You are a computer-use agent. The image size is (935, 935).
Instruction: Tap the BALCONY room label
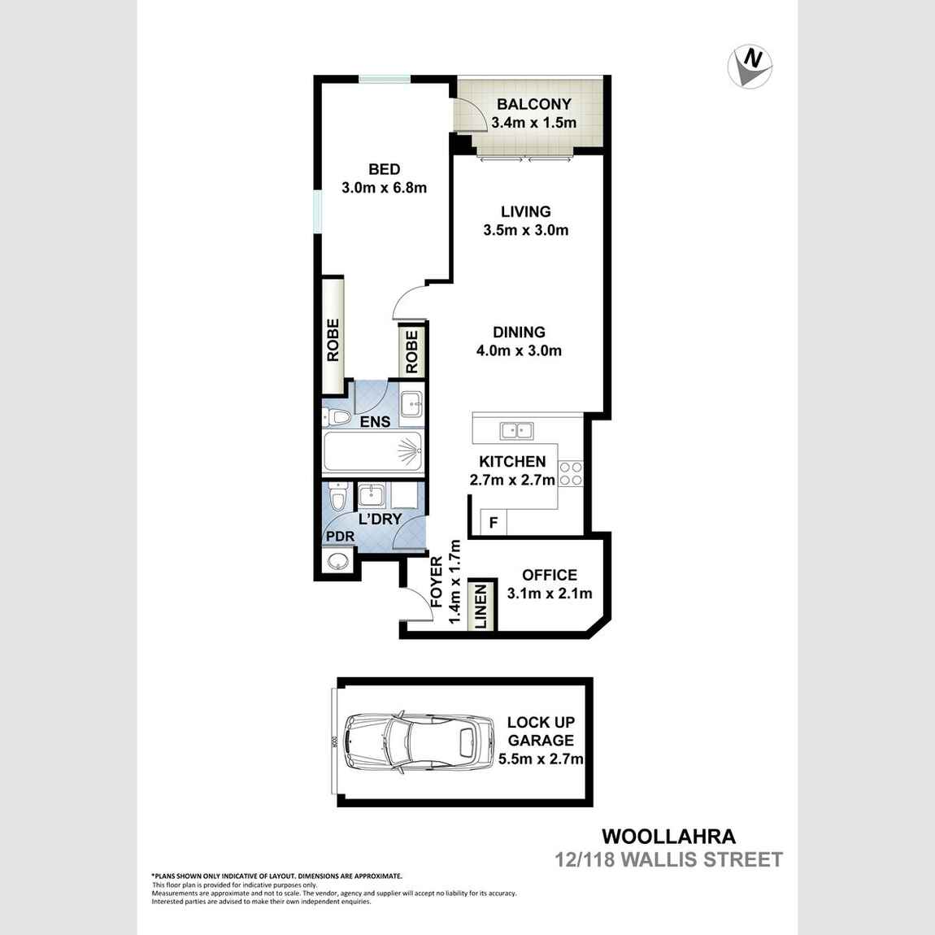point(533,105)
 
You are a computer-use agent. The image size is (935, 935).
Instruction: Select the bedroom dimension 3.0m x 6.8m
point(384,188)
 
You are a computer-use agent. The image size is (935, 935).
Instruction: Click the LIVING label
point(525,212)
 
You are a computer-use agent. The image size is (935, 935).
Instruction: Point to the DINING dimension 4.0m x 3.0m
point(520,351)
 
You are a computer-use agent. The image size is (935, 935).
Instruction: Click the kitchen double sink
point(516,430)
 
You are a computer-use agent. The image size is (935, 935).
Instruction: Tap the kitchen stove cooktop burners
point(571,474)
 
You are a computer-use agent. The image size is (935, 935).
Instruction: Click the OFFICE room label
point(550,575)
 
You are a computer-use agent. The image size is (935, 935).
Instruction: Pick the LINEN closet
point(481,606)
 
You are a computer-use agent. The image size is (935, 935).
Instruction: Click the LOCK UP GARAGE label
point(540,731)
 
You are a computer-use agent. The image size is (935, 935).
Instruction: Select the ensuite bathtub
point(372,451)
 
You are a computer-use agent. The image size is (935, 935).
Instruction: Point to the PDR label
point(339,537)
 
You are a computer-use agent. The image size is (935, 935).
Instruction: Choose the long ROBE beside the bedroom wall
point(333,338)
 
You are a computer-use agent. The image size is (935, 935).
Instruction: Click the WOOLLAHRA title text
point(668,836)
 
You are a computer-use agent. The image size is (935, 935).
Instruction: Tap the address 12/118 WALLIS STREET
point(668,859)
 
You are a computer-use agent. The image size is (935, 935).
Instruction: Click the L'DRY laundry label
point(380,519)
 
